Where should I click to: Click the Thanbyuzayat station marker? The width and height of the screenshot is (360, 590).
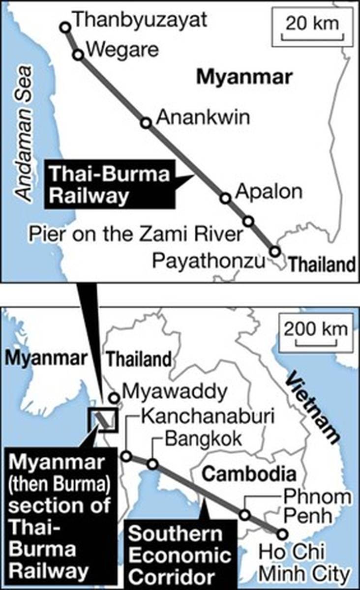[x=65, y=27]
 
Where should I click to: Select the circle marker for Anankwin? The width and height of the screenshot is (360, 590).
[x=146, y=122]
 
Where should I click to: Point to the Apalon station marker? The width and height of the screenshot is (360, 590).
[x=225, y=198]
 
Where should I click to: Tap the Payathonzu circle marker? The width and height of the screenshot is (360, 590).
[x=275, y=252]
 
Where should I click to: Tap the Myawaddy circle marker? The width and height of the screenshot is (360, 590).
[x=114, y=398]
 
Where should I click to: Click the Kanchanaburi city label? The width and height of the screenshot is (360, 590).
[x=206, y=416]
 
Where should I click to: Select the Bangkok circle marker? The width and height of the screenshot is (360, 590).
[x=153, y=464]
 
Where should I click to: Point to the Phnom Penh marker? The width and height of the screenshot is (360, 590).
[x=244, y=515]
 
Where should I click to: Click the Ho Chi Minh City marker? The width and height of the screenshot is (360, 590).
[x=282, y=534]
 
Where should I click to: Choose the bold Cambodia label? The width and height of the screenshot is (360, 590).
[x=249, y=474]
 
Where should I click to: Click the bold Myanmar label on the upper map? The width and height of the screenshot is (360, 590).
[x=244, y=77]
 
